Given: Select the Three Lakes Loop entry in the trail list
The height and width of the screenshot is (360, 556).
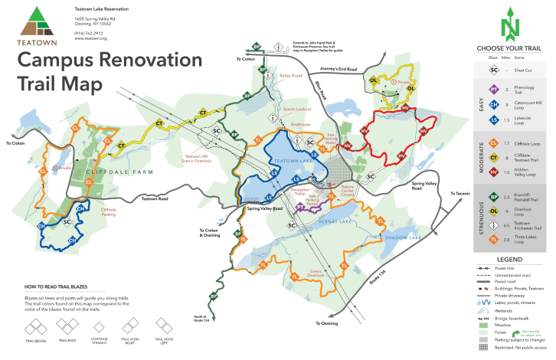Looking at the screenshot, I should tap(525, 241).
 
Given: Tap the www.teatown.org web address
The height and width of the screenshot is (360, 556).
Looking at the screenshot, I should tap(90, 38).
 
